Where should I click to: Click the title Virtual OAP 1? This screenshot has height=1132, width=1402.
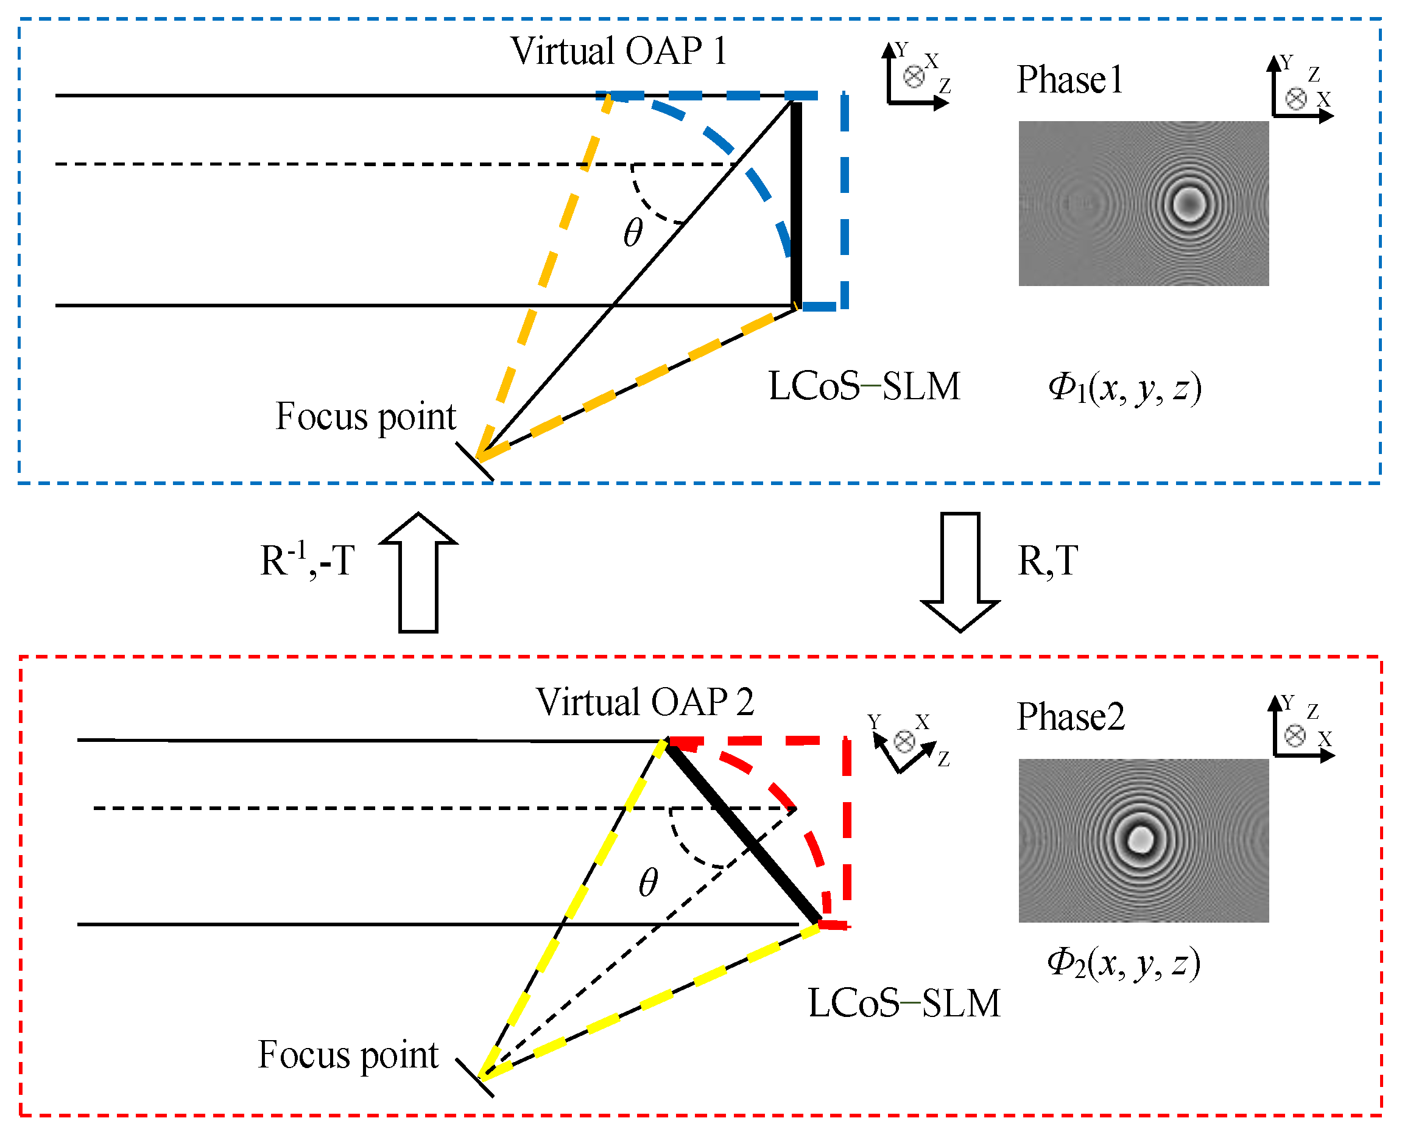coord(618,51)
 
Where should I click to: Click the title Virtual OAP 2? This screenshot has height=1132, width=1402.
coord(644,702)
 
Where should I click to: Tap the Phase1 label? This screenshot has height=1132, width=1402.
coord(1069,80)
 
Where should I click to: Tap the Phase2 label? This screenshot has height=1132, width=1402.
coord(1071,718)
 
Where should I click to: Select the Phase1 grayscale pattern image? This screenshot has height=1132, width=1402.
coord(1143,203)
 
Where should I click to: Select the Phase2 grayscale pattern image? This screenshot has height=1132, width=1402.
coord(1143,840)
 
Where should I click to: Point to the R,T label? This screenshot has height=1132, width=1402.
coord(1048,560)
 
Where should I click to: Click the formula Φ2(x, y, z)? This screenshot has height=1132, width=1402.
coord(1124,963)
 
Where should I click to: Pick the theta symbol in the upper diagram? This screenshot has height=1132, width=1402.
coord(633,232)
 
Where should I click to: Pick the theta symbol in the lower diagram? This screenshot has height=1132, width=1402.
coord(648,882)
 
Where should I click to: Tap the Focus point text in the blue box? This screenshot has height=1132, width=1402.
coord(365,417)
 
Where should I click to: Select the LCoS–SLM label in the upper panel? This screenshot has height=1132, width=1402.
coord(864,386)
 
